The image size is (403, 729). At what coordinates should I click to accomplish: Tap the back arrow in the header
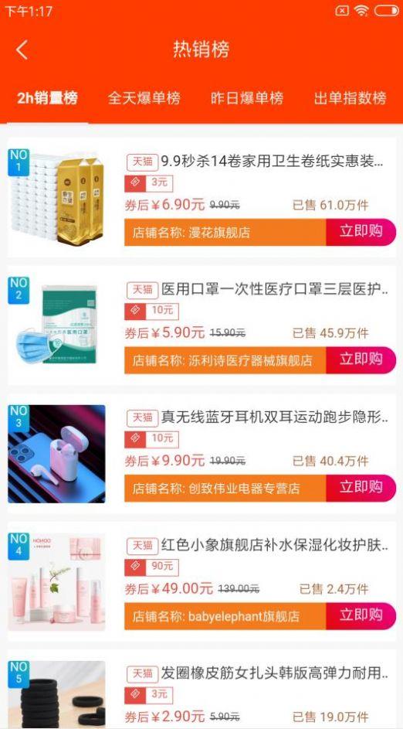[x=22, y=50]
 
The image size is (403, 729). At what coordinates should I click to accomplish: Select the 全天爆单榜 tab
[x=144, y=98]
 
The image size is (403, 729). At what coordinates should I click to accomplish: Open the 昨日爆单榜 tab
[x=247, y=98]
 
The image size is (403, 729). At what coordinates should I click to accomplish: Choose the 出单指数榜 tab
[x=350, y=98]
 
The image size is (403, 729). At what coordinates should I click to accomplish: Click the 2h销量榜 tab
[x=48, y=98]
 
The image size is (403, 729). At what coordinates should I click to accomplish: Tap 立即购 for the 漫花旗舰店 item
[x=361, y=232]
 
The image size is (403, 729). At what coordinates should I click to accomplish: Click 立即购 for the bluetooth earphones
[x=361, y=488]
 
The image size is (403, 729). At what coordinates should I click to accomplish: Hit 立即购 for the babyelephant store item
[x=361, y=616]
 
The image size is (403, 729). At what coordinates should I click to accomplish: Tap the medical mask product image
[x=57, y=325]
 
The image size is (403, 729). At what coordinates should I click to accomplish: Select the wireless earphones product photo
[x=57, y=453]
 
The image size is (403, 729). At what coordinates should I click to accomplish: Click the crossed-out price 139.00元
[x=239, y=589]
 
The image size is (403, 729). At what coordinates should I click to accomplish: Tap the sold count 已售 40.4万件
[x=330, y=462]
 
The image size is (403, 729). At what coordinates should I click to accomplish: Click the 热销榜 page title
[x=201, y=50]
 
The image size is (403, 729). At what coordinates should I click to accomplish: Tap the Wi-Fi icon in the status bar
[x=361, y=11]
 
